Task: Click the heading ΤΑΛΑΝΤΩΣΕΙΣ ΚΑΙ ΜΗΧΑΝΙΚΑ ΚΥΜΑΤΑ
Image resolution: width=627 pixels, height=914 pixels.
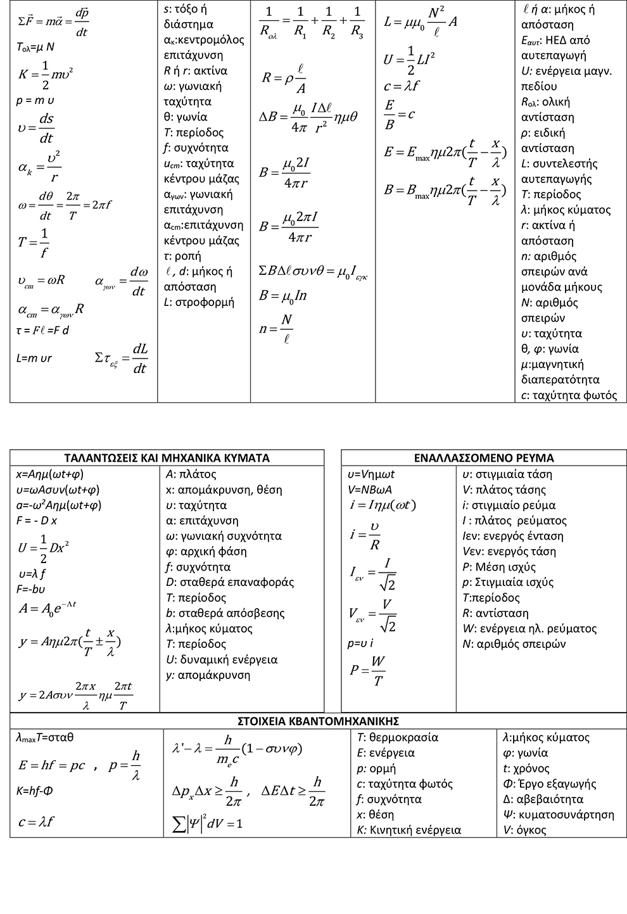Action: tap(167, 458)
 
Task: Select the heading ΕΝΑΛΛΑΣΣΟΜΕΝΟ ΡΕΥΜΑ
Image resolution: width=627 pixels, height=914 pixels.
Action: tap(484, 458)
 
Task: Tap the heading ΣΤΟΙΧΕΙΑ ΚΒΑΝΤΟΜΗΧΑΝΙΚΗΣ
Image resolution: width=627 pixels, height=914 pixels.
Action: tap(318, 721)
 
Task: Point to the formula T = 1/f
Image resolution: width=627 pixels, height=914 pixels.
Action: tap(34, 243)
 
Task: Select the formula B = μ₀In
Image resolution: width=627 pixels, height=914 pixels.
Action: tap(283, 296)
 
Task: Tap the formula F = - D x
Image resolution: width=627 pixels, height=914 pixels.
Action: tap(37, 521)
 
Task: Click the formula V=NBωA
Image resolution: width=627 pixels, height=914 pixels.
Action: tap(370, 490)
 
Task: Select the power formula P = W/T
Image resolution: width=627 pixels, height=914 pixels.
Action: tap(368, 671)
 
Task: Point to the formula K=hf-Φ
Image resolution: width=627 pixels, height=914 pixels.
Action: tap(35, 791)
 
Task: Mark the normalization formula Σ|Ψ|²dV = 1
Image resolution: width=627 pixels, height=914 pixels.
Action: tap(208, 823)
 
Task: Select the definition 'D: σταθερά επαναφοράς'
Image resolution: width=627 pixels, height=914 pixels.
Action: tap(229, 582)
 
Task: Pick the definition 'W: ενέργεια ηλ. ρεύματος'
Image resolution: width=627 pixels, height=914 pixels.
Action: tap(529, 628)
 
